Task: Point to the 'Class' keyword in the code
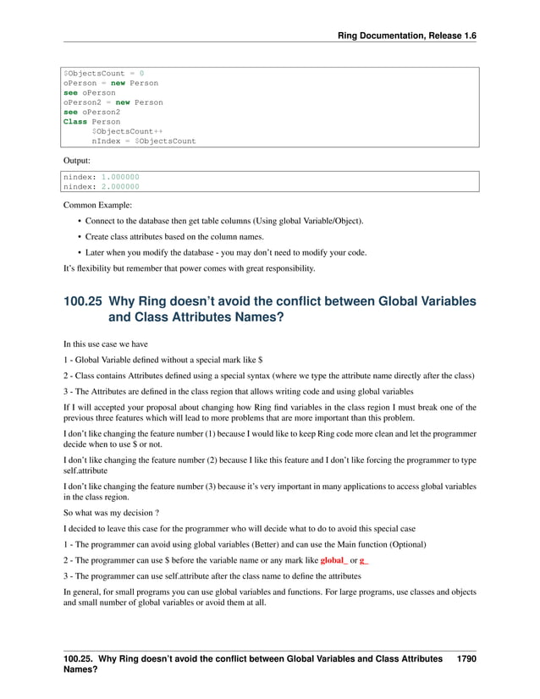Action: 75,121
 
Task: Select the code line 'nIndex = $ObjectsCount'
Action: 143,140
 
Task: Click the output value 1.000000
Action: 120,177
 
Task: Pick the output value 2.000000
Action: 120,186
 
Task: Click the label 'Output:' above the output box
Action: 77,158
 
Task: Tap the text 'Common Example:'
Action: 95,204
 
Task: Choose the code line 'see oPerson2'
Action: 91,112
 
